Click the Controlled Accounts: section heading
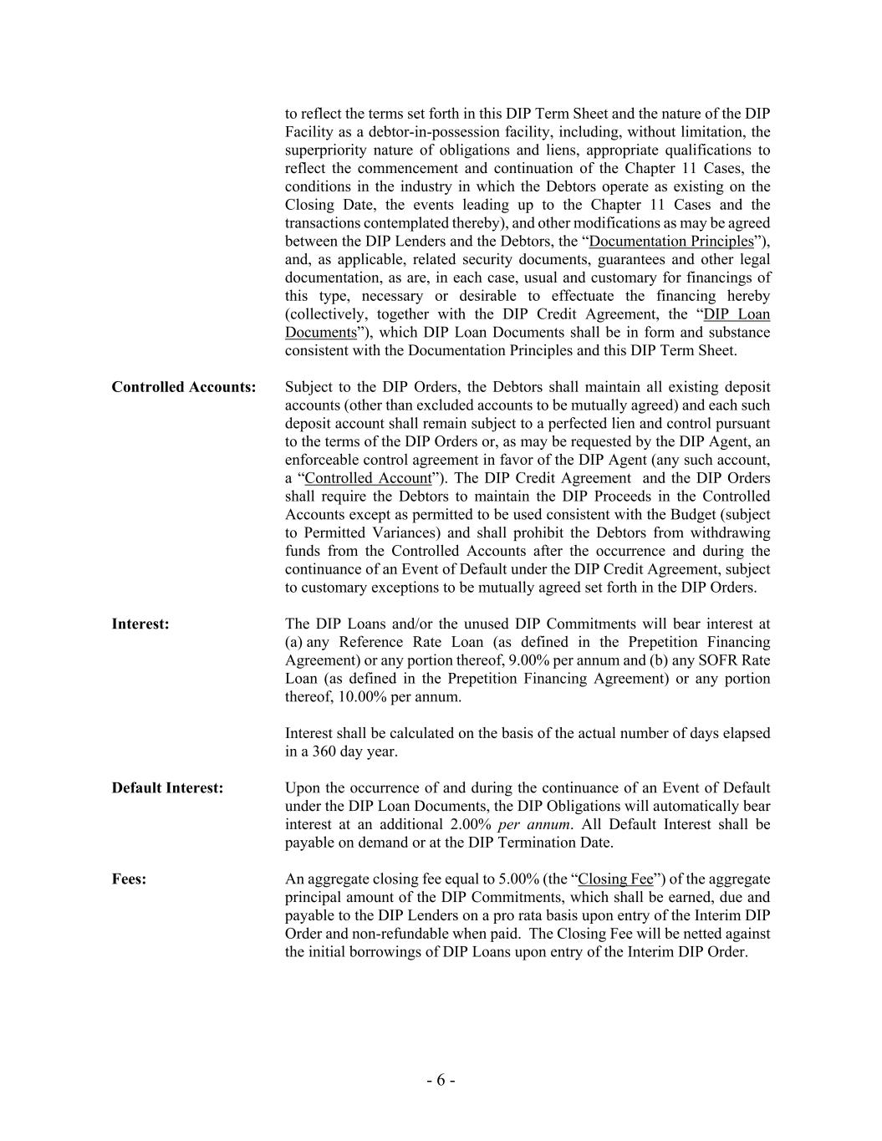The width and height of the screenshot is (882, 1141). [x=184, y=387]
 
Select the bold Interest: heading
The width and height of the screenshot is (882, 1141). [x=140, y=624]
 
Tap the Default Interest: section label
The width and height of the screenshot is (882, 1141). [x=167, y=787]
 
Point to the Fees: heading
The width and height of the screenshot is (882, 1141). [x=129, y=879]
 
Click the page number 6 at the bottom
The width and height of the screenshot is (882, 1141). [x=441, y=1080]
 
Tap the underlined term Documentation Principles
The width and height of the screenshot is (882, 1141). [x=671, y=242]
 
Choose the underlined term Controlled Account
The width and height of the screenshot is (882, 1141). [x=369, y=478]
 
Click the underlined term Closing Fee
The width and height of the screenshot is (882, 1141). [x=615, y=879]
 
